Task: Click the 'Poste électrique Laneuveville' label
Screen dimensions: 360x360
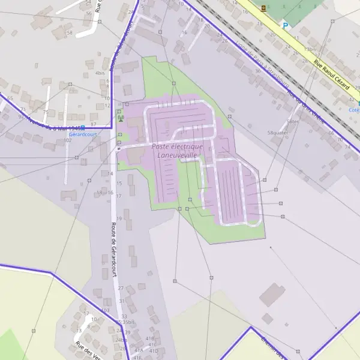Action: pos(177,151)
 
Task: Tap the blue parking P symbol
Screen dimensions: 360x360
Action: pos(286,25)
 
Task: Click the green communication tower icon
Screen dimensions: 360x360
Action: pos(120,118)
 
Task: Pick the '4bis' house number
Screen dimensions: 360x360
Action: pos(100,73)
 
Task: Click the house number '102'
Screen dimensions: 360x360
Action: pos(67,140)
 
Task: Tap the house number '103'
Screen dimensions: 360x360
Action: pos(106,310)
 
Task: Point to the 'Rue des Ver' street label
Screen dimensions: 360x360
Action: pos(88,350)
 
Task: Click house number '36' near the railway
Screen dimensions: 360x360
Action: pos(257,71)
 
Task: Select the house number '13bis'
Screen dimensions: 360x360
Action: pos(310,49)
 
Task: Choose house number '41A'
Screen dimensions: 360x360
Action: pos(139,350)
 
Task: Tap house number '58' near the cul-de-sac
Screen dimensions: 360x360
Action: pos(70,32)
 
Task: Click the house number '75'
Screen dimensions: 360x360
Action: pos(46,112)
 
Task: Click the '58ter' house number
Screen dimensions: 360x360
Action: pos(293,121)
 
